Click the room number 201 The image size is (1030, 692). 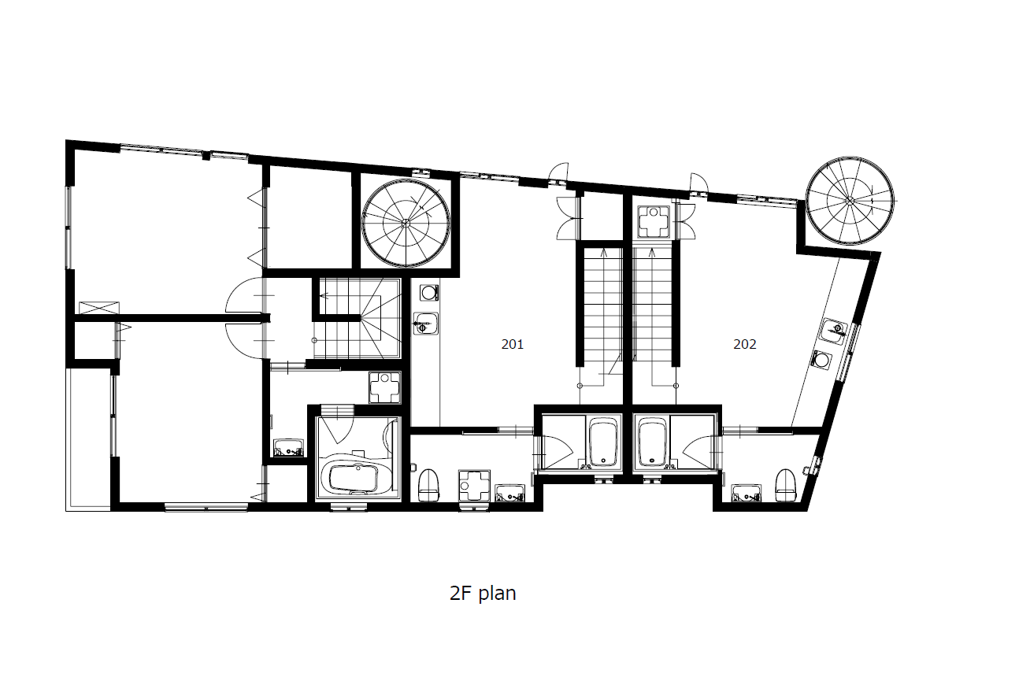[512, 344]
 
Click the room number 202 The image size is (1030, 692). [745, 344]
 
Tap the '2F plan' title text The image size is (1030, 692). [483, 594]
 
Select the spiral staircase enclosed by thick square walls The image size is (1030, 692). [406, 224]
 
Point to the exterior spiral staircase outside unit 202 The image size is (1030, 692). [850, 201]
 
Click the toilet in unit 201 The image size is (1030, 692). [428, 485]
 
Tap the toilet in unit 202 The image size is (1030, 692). [785, 485]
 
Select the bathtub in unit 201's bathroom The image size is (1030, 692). [603, 442]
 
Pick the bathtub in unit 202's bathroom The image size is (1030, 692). [652, 442]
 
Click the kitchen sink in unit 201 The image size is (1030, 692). [426, 324]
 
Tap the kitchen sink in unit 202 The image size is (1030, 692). [834, 331]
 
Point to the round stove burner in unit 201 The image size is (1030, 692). [429, 292]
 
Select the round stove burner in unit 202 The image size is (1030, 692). [821, 359]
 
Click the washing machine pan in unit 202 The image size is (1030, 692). [654, 221]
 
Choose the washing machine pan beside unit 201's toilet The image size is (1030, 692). [474, 485]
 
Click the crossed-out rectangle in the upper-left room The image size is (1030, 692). [99, 308]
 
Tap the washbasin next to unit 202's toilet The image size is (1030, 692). [746, 493]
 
